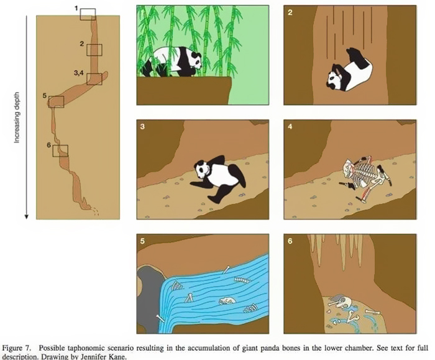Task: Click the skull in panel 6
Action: click(343, 303)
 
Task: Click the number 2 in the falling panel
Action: click(290, 12)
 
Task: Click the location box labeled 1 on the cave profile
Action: click(88, 14)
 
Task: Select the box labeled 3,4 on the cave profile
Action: click(94, 79)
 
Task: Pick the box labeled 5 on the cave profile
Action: click(56, 101)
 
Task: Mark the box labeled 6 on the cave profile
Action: click(60, 150)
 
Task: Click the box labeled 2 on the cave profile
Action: click(94, 50)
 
